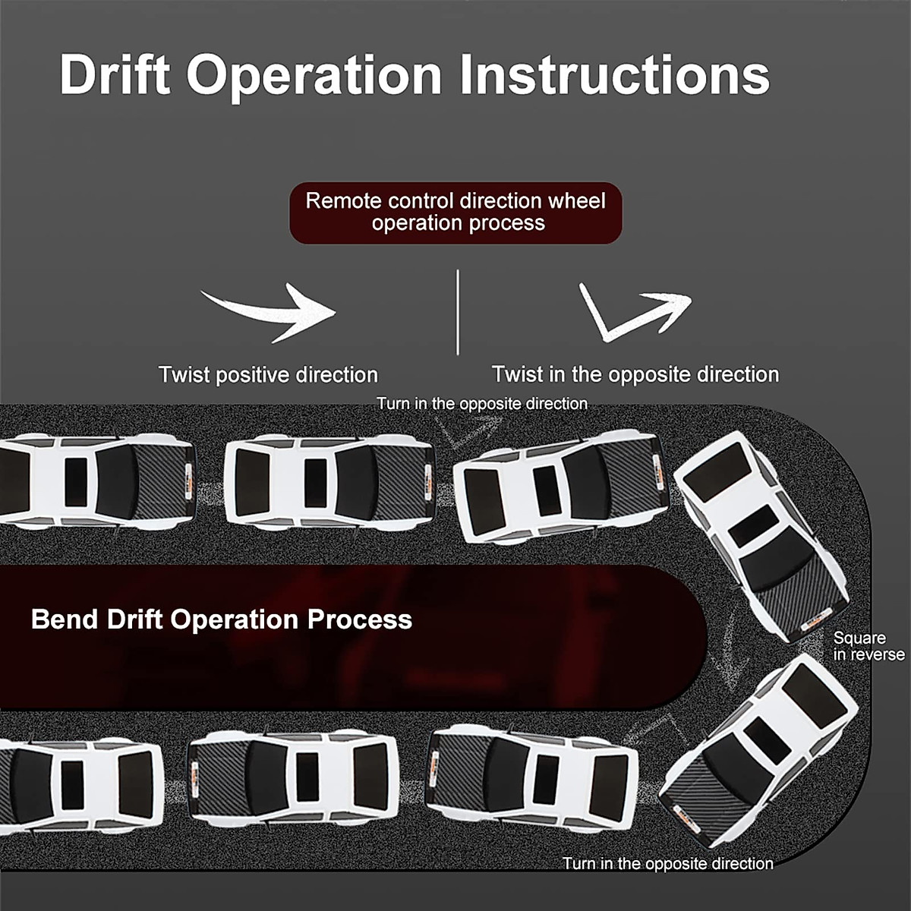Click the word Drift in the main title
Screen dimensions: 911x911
115,74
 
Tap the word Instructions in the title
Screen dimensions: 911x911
616,74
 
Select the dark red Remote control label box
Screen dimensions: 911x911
455,213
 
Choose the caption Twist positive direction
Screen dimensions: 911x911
268,374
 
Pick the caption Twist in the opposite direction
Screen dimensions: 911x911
635,374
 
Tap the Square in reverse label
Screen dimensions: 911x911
868,646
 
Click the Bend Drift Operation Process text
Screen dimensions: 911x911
221,619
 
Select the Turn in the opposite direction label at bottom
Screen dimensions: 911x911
668,863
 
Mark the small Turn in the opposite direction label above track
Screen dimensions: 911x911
482,403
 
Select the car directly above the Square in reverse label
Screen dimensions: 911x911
759,531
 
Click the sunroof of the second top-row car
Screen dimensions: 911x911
314,483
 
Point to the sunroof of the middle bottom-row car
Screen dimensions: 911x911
307,777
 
